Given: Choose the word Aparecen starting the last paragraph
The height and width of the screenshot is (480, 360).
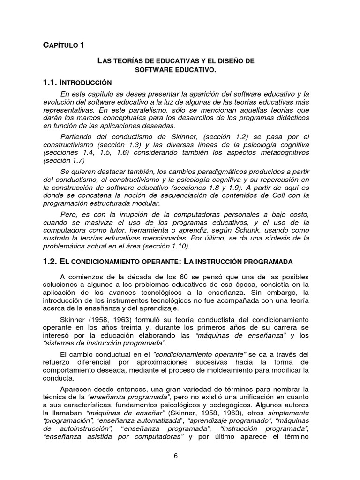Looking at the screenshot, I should tap(76, 389).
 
